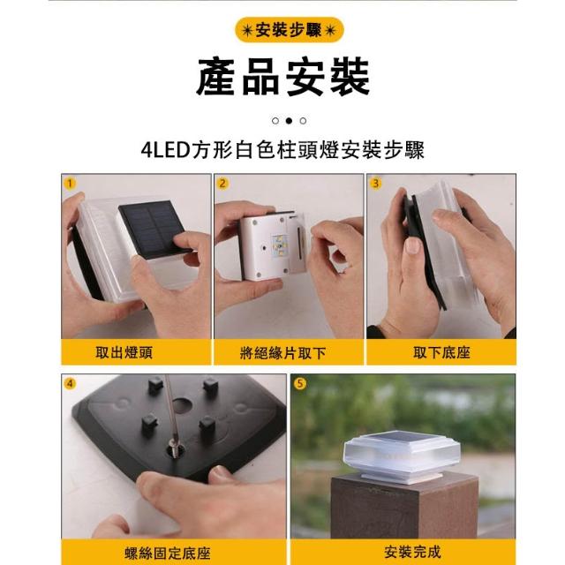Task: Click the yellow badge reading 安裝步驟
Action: pyautogui.click(x=289, y=30)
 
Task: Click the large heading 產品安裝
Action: pyautogui.click(x=283, y=77)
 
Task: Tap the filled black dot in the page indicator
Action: pyautogui.click(x=289, y=121)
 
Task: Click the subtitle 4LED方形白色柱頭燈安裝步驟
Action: pyautogui.click(x=282, y=150)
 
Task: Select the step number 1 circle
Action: pyautogui.click(x=70, y=184)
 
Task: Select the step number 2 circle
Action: pyautogui.click(x=222, y=184)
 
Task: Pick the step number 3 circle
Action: pyautogui.click(x=375, y=184)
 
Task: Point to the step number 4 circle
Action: pyautogui.click(x=70, y=383)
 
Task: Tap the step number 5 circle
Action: pyautogui.click(x=299, y=383)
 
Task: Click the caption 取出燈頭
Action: pyautogui.click(x=124, y=352)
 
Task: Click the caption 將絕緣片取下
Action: pyautogui.click(x=282, y=353)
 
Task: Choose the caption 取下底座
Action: pyautogui.click(x=441, y=352)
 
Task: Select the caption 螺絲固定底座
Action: pyautogui.click(x=168, y=554)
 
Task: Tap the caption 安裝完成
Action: pyautogui.click(x=413, y=552)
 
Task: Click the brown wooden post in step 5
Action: pyautogui.click(x=404, y=508)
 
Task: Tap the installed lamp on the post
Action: pyautogui.click(x=402, y=456)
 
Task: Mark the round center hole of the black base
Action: pyautogui.click(x=182, y=404)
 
